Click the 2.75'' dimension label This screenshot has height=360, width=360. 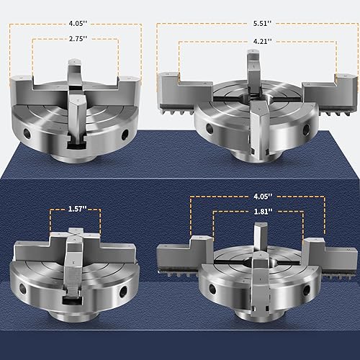coord(78,39)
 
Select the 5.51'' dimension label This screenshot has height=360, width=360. coord(263,23)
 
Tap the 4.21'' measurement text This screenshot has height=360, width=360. coord(263,41)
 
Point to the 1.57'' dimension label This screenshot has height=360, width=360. coord(77,209)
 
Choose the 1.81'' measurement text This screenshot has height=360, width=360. coord(263,212)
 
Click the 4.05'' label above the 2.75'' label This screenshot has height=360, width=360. coord(78,23)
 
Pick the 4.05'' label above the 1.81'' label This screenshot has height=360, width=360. coord(263,197)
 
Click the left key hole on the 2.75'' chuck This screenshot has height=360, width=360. coord(27,133)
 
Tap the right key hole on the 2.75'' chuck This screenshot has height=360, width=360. coord(125,135)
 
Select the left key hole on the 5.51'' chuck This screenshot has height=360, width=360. coord(210,128)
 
